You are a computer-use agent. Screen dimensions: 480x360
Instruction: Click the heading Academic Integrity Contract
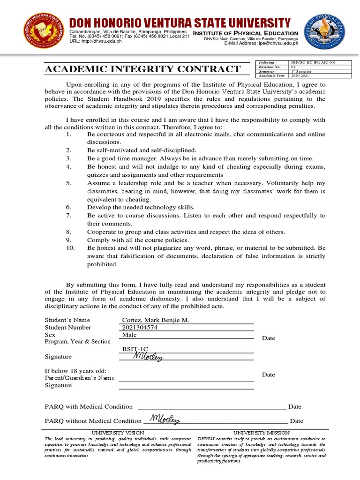pyautogui.click(x=142, y=69)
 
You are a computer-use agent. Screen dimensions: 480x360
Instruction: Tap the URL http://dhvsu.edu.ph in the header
pyautogui.click(x=102, y=41)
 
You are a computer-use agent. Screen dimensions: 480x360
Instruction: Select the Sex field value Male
pyautogui.click(x=129, y=335)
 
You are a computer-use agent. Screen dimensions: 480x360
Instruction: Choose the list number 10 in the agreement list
pyautogui.click(x=71, y=247)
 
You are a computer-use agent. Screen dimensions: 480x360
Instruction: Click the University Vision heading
pyautogui.click(x=118, y=432)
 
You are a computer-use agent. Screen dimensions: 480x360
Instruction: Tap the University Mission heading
pyautogui.click(x=261, y=432)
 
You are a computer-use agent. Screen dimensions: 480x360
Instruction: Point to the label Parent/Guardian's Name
pyautogui.click(x=79, y=378)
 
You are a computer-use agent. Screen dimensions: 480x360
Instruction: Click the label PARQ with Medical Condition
pyautogui.click(x=89, y=406)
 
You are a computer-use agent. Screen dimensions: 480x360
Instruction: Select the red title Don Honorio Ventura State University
pyautogui.click(x=180, y=22)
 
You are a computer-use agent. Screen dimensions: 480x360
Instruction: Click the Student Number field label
pyautogui.click(x=68, y=328)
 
